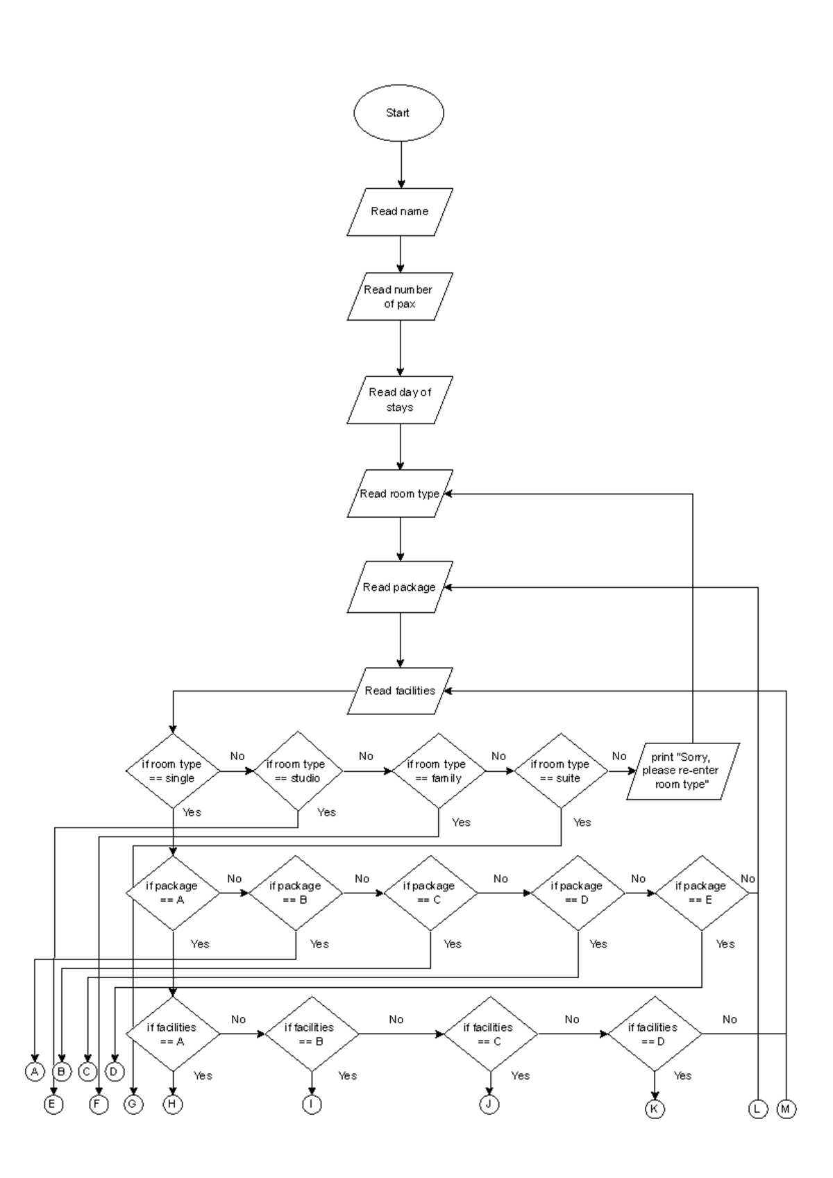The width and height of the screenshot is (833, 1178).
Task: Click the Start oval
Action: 398,113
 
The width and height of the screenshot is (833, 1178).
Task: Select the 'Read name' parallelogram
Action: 400,211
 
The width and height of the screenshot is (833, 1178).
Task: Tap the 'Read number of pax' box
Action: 400,296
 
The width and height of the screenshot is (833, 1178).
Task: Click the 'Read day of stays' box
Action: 400,400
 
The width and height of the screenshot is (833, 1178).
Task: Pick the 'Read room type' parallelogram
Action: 400,494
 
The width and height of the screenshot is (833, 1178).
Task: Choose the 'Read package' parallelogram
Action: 400,587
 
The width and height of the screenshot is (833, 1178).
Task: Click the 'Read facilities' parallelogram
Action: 400,691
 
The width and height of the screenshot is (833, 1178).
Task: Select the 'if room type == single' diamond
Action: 173,771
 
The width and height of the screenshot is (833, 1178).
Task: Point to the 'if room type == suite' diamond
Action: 560,771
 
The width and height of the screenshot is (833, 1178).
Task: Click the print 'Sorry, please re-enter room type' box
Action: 682,771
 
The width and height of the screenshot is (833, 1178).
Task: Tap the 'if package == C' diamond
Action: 430,893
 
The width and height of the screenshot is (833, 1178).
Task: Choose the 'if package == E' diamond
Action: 702,893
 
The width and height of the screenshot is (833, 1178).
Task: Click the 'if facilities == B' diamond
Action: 312,1034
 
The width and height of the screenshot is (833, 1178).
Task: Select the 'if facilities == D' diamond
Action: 654,1034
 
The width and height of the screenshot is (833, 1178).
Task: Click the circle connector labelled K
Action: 654,1109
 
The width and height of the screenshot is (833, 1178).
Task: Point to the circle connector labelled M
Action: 786,1109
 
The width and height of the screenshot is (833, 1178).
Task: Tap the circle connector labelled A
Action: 35,1072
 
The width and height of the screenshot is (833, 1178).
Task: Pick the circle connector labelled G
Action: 133,1104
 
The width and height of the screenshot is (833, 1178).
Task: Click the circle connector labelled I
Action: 312,1104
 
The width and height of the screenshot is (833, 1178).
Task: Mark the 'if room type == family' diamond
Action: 438,771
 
